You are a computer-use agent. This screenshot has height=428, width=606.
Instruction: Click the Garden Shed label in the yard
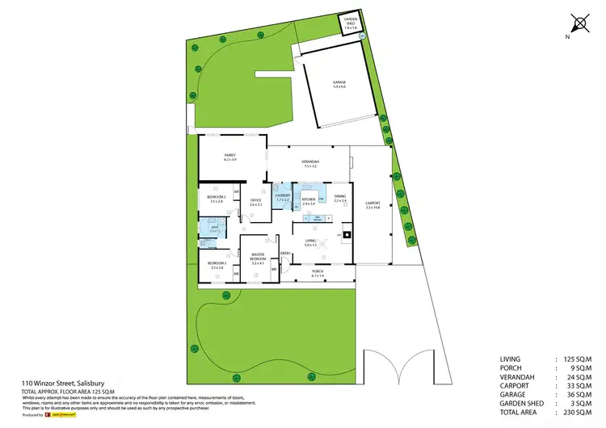350,23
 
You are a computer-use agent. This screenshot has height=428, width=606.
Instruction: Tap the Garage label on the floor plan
339,83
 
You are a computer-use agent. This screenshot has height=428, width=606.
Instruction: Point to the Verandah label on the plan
311,164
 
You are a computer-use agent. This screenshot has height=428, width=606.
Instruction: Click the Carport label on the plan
372,205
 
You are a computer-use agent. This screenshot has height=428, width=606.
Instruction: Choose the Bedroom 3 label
215,265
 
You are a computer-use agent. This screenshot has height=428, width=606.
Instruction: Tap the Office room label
255,202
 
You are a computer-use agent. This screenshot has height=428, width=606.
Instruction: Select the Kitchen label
309,201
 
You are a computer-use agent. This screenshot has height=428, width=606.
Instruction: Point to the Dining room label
340,199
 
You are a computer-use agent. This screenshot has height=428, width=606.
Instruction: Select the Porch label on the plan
317,273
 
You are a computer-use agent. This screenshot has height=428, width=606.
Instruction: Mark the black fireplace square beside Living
347,235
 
